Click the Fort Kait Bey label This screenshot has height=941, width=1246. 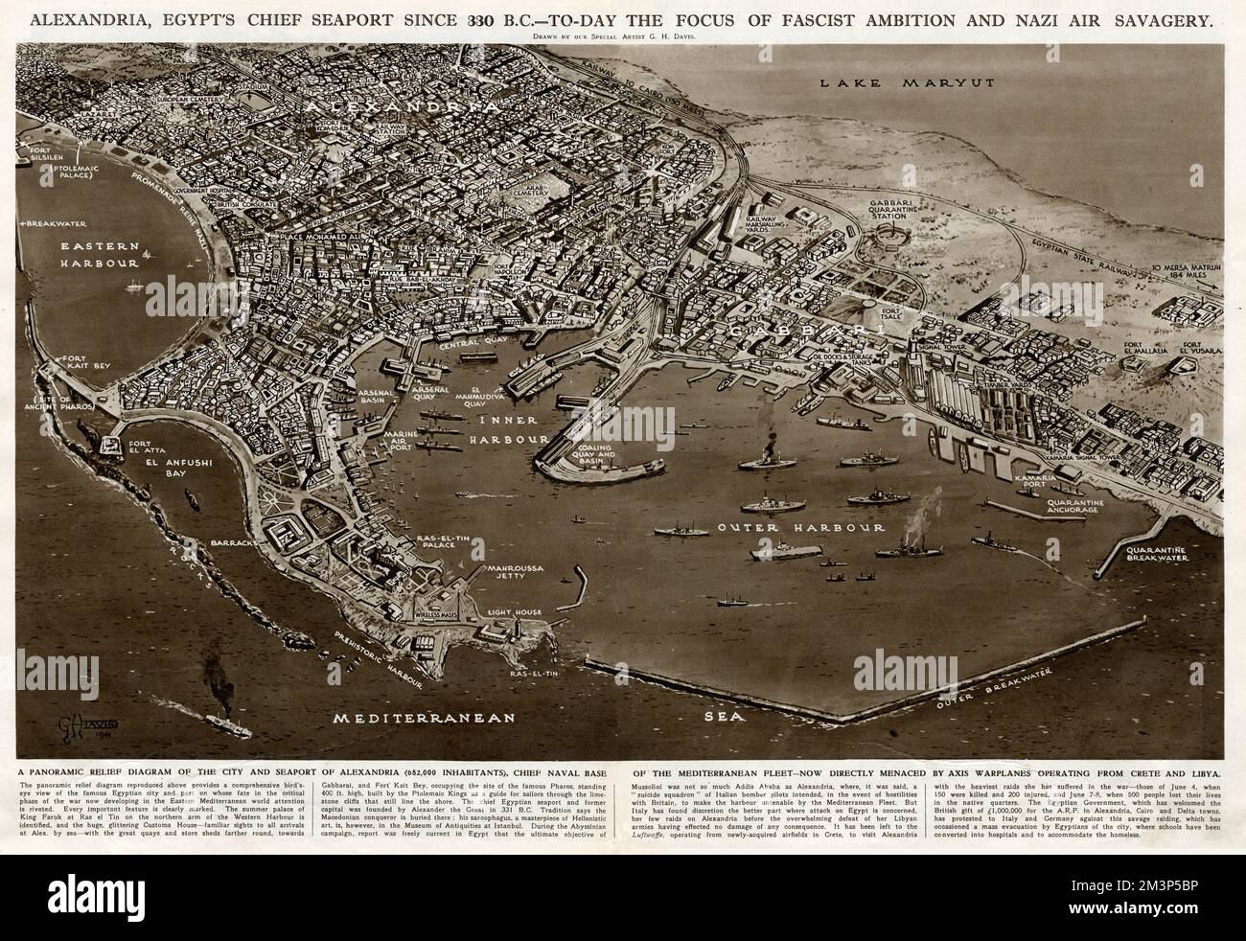tap(85, 363)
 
